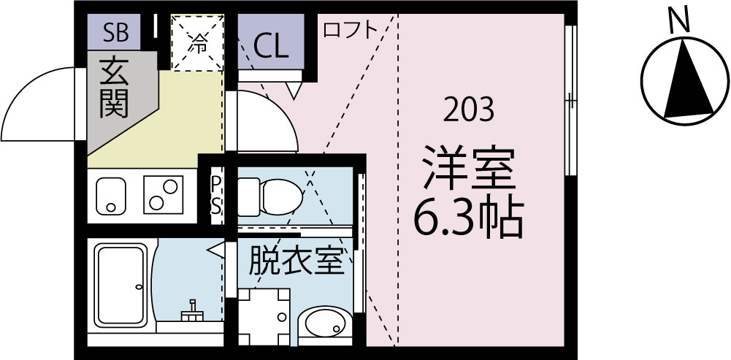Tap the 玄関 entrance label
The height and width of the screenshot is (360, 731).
click(x=115, y=89)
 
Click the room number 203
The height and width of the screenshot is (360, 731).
click(x=469, y=111)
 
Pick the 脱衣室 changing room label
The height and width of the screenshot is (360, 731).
click(x=295, y=260)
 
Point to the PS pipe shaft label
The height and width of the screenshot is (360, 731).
click(x=217, y=194)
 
